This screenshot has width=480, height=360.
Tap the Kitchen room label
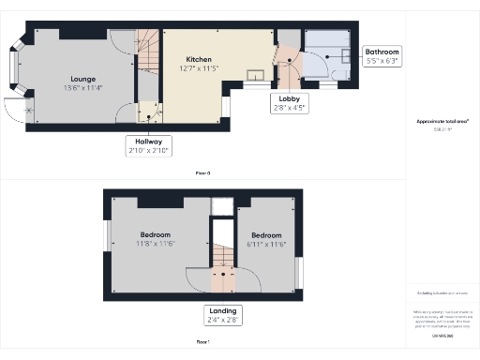tap(198, 59)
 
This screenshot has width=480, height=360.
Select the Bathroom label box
tap(382, 52)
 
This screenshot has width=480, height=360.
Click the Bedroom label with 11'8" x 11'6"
tap(156, 234)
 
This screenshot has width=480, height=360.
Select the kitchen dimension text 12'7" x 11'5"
tap(198, 68)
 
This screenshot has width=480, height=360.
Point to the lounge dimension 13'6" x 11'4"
tap(82, 89)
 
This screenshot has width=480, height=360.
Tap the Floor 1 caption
tap(202, 343)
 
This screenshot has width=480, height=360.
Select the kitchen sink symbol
tap(254, 75)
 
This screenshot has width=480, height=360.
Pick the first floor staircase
tap(224, 257)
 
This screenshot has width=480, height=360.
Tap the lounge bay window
tap(14, 67)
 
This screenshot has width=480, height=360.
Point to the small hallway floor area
tap(149, 112)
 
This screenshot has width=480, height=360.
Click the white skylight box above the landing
tap(223, 206)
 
